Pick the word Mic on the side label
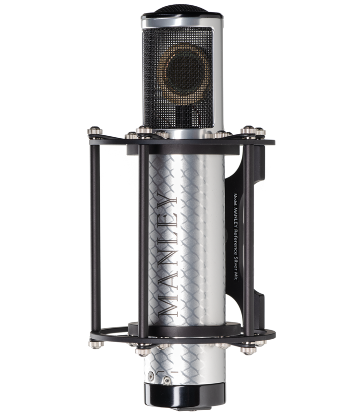[235, 275]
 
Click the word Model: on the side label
[235, 200]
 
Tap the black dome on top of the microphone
[181, 9]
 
